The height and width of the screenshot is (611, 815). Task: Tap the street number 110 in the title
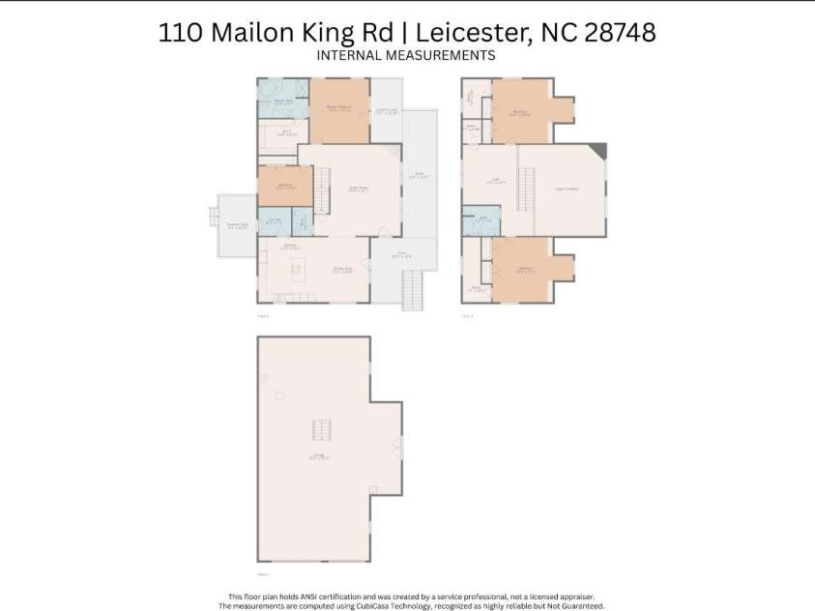(x=181, y=32)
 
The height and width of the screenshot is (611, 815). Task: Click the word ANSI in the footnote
(x=318, y=597)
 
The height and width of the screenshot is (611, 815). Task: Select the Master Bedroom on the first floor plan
(x=338, y=111)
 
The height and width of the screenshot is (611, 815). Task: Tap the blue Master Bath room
(x=282, y=101)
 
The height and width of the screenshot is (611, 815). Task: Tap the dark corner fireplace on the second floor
(x=599, y=150)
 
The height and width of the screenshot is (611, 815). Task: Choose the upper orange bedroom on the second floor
(x=521, y=111)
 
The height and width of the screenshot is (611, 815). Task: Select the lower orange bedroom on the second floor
(x=522, y=270)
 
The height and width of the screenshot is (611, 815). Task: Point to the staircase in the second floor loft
(x=527, y=188)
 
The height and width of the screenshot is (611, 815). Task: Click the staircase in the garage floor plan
(x=320, y=431)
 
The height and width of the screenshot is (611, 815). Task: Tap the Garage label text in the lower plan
(x=319, y=455)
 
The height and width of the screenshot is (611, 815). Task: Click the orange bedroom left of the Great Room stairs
(x=285, y=186)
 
